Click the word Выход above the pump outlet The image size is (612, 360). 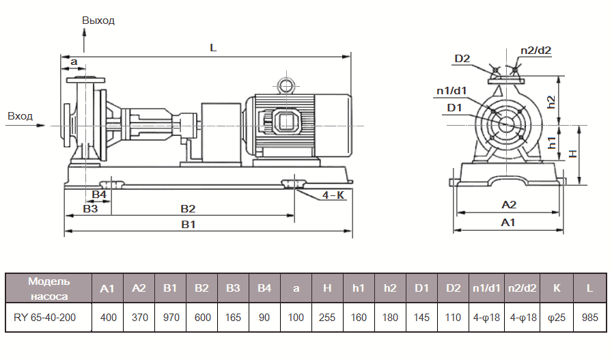coord(98,20)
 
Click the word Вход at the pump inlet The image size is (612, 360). coord(20,116)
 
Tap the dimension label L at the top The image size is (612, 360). coord(213,49)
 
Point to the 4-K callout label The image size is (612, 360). coord(333,195)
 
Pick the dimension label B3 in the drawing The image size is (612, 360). coord(90,208)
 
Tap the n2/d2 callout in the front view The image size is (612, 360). coord(535,50)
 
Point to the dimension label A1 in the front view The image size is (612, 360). coord(508,223)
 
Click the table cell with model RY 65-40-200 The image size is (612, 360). coord(48,318)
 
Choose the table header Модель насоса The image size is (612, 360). coord(48,288)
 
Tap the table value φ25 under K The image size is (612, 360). coord(557,318)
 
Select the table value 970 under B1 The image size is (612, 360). coord(170,318)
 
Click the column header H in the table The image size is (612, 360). coord(327,288)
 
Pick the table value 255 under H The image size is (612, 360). coord(327,318)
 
